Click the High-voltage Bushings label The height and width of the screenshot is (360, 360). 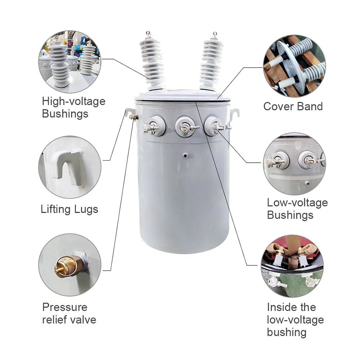(73, 107)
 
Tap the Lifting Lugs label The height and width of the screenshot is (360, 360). (69, 209)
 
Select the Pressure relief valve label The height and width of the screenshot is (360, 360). (69, 313)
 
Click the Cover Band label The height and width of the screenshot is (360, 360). (293, 106)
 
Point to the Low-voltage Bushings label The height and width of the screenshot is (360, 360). (297, 209)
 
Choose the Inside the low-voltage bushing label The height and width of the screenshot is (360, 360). (295, 319)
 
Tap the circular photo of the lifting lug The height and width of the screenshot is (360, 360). (70, 167)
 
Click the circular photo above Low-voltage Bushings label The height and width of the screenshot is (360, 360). (294, 164)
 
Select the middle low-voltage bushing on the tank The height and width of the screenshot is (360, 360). (185, 126)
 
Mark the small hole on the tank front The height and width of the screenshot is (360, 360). (185, 156)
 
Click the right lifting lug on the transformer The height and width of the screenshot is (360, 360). (234, 113)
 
